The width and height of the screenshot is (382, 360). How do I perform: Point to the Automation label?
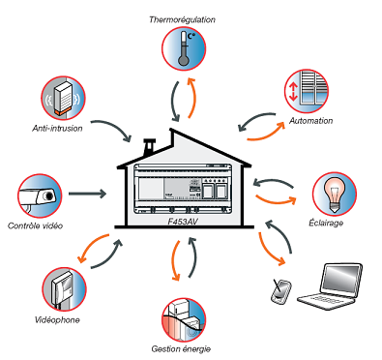click(x=310, y=121)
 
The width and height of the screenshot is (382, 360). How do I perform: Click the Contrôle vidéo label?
click(x=35, y=225)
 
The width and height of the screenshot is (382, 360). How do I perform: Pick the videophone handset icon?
click(x=64, y=288)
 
